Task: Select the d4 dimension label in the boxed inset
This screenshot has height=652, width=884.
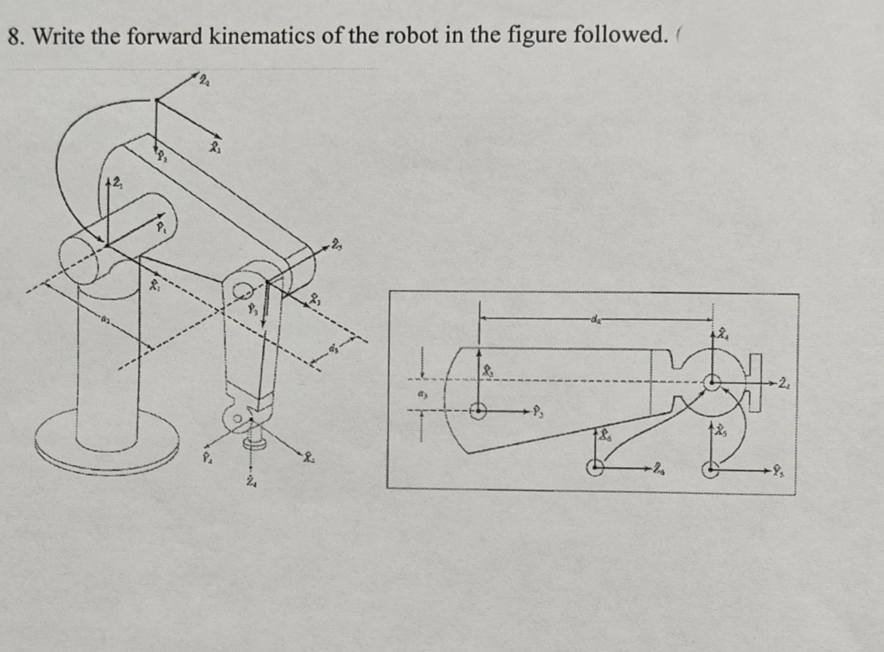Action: tap(594, 319)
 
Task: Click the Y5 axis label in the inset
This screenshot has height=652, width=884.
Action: tap(778, 472)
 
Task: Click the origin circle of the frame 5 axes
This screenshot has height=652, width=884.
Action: tap(711, 469)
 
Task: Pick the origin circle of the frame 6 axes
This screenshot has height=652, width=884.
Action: tap(594, 468)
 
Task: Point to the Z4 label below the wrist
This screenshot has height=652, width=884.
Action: tap(251, 482)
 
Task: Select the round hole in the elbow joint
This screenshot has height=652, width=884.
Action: tap(243, 289)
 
